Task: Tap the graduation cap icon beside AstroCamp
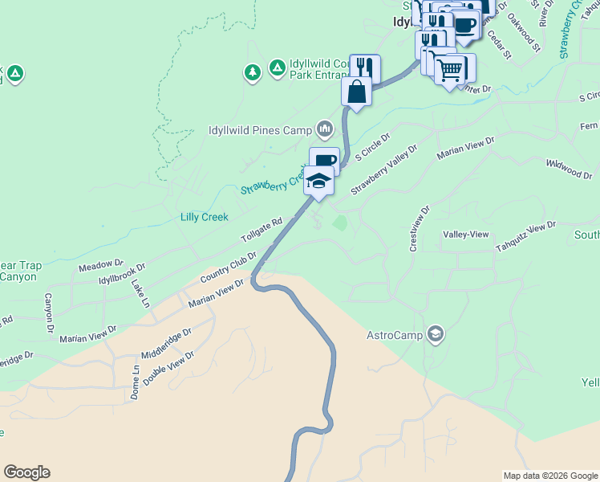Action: [x=435, y=334]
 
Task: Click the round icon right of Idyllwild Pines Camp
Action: [x=325, y=129]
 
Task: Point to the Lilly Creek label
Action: [x=205, y=217]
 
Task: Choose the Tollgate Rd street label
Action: [x=262, y=231]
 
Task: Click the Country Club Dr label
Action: [x=229, y=268]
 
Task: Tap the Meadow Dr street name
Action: [x=101, y=264]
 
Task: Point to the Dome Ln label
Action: [x=136, y=383]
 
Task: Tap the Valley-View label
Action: [x=466, y=234]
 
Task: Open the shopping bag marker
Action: [x=356, y=91]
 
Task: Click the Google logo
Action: [x=26, y=472]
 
